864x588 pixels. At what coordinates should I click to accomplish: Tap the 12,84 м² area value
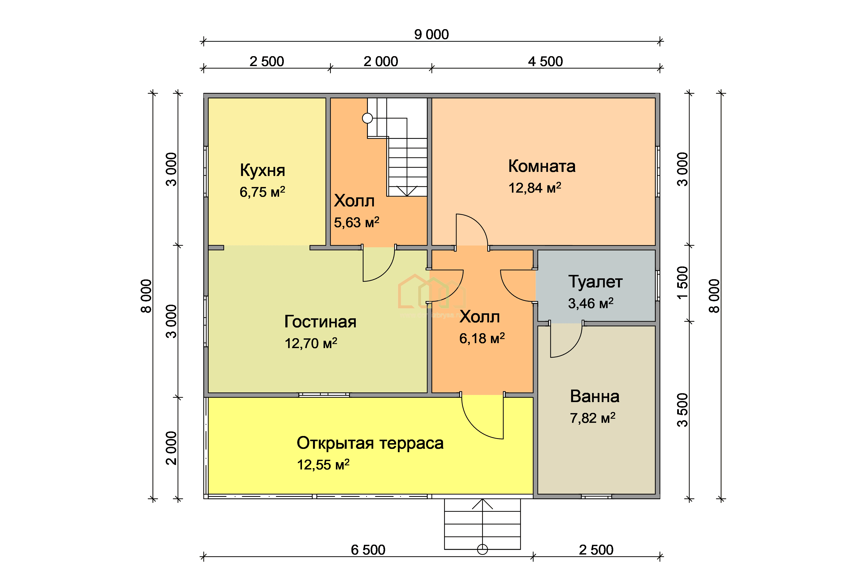pos(535,188)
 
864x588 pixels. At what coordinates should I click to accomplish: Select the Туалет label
pos(595,282)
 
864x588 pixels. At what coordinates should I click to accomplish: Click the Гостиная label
pos(320,322)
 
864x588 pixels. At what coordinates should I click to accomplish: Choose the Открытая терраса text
pos(370,443)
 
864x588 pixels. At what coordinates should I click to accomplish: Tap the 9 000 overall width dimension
pos(431,35)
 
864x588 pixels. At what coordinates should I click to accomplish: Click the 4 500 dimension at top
pos(545,61)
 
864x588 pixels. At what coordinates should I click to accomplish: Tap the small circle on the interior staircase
pos(367,118)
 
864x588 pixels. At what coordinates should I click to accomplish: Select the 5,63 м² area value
pos(357,222)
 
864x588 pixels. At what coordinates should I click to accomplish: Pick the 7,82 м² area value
pos(593,418)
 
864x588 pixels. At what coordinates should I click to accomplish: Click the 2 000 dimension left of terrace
pos(171,448)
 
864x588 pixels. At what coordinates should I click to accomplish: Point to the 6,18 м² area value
pos(482,338)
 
